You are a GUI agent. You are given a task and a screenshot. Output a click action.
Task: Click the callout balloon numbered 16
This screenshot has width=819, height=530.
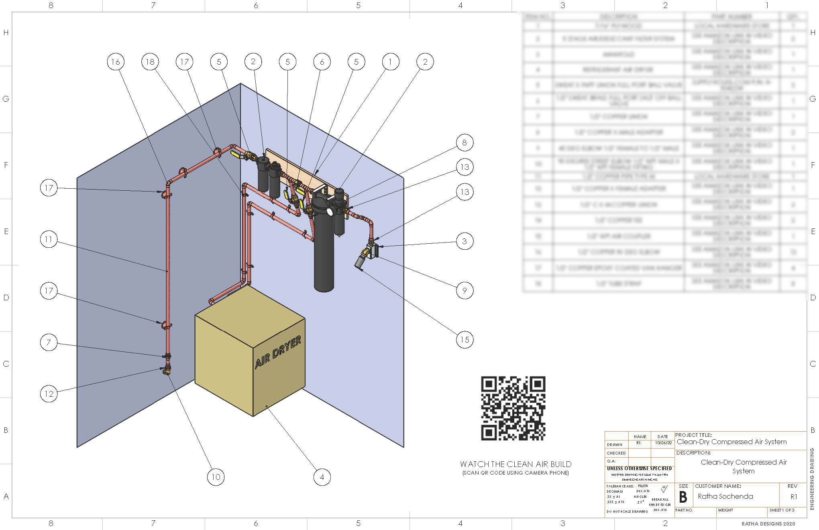tap(116, 62)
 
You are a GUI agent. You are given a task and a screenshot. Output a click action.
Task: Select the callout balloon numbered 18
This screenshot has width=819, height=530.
tap(150, 62)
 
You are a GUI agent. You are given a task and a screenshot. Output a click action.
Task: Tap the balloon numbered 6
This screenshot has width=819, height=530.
tap(322, 62)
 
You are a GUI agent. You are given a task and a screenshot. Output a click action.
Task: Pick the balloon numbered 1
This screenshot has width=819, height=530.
tap(390, 62)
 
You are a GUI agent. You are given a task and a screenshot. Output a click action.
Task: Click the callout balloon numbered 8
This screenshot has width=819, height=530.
tap(465, 143)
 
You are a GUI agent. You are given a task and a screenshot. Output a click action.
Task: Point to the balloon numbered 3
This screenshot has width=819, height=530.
tap(465, 241)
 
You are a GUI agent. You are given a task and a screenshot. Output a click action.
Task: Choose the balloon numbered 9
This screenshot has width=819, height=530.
tap(465, 290)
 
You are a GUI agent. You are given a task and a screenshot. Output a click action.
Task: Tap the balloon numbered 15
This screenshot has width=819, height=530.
tap(465, 340)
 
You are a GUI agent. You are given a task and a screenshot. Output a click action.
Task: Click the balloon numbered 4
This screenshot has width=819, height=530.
tap(322, 477)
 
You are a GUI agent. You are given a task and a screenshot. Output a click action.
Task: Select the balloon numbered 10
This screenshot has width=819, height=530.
tap(216, 477)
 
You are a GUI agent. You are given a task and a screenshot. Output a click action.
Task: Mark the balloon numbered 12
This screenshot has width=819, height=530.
tap(49, 393)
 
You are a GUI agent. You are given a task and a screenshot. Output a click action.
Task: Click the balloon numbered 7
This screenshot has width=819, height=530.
tap(49, 342)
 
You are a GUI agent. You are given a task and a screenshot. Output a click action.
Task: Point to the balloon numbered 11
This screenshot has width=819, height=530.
tap(49, 240)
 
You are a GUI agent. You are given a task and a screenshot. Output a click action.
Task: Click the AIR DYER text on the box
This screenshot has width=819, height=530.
tap(278, 353)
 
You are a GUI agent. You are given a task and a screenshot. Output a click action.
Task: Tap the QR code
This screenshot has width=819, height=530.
tap(513, 408)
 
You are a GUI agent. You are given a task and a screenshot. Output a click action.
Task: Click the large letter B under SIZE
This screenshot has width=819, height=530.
tap(683, 497)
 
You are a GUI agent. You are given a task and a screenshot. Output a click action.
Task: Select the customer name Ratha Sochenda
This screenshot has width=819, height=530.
tap(725, 497)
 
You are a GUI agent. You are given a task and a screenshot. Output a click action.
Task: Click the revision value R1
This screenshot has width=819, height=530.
tap(794, 497)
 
